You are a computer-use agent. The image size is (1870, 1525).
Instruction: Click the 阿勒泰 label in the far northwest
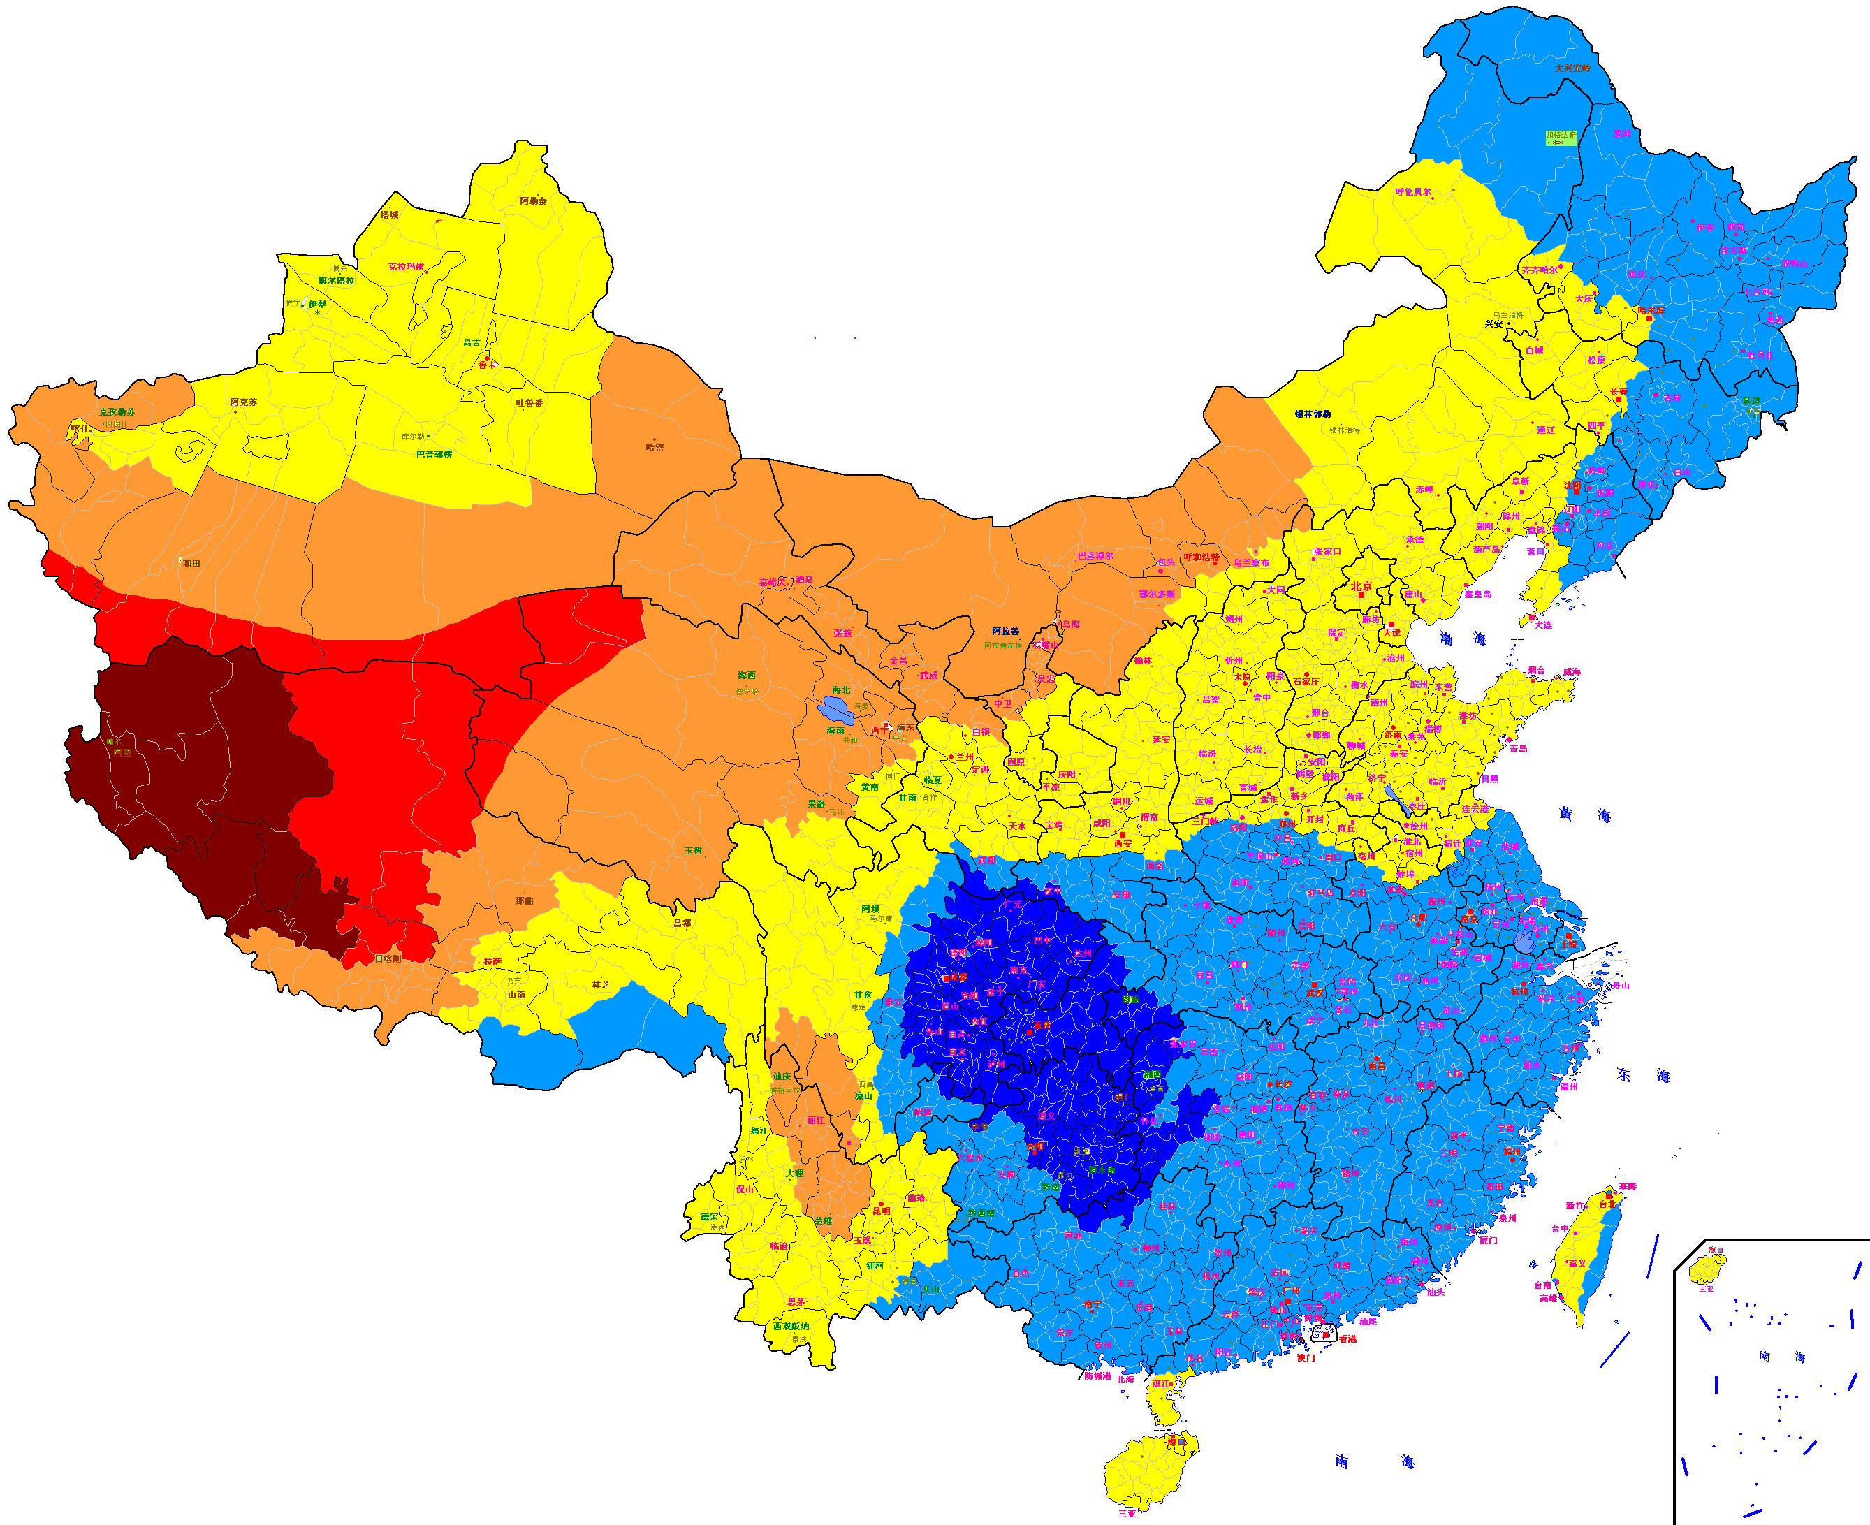533,201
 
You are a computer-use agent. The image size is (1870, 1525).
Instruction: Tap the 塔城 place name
389,214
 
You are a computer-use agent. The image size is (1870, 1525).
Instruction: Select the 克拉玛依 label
406,266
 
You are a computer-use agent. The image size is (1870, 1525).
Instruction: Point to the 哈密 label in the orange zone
655,447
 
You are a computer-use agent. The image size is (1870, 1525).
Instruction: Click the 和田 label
191,563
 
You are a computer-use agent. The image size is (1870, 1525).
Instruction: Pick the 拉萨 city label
492,962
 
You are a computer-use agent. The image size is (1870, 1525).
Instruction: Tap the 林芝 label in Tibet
601,985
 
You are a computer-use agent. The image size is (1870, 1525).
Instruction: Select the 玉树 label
693,850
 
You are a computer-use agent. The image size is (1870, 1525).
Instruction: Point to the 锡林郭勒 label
1313,414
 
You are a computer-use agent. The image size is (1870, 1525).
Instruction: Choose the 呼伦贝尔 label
1414,191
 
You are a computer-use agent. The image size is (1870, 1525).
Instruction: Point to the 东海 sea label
1641,1076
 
